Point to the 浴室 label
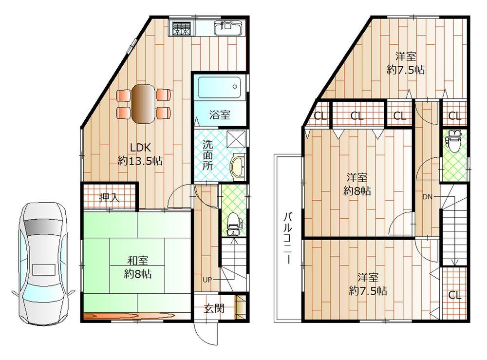[x=220, y=115]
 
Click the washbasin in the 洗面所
[x=237, y=168]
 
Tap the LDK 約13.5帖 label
[x=140, y=154]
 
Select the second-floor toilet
[x=453, y=141]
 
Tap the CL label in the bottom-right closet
[x=455, y=295]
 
